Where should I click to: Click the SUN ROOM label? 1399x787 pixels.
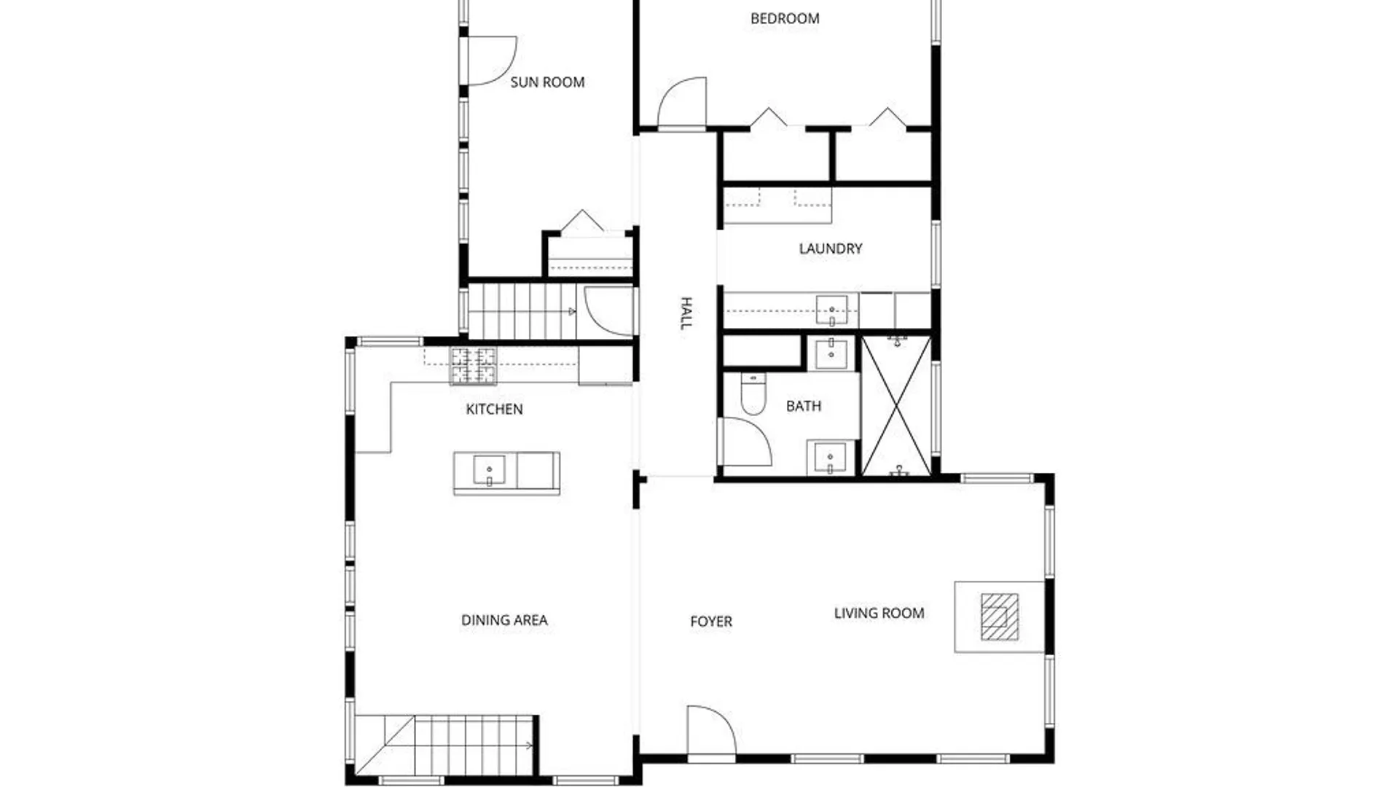tap(547, 82)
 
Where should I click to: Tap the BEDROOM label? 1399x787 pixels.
tap(785, 19)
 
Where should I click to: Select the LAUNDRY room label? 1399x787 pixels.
tap(830, 248)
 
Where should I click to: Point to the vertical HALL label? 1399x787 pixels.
tap(686, 313)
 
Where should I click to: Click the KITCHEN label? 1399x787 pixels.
tap(494, 410)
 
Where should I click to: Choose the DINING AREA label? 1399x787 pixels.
tap(504, 620)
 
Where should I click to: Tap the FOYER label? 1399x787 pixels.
tap(711, 622)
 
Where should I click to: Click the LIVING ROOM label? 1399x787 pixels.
tap(879, 614)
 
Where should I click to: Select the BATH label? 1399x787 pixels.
tap(803, 406)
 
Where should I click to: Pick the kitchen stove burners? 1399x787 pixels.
tap(473, 365)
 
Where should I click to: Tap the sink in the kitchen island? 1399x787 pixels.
tap(489, 470)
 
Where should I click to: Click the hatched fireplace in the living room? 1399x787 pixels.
tap(999, 616)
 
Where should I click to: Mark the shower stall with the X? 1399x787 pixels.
tap(896, 406)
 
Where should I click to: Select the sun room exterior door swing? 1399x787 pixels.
tap(490, 60)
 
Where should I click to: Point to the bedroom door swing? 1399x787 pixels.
tap(683, 103)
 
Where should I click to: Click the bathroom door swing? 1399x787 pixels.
tap(745, 442)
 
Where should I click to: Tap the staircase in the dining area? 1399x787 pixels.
tap(459, 745)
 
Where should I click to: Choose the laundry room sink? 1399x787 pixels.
tap(831, 311)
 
